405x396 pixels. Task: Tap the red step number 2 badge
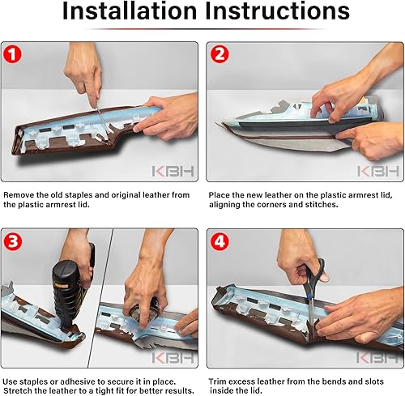point(220,55)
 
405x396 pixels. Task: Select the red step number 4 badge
point(220,241)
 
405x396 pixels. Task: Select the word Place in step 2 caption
point(220,195)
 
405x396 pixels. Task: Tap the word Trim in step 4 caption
point(218,381)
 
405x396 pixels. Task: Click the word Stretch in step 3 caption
point(21,391)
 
